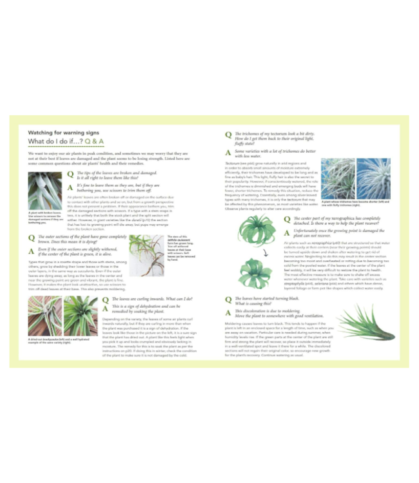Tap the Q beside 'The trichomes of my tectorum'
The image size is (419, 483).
pyautogui.click(x=228, y=136)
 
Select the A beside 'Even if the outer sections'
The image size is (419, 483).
pyautogui.click(x=32, y=250)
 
